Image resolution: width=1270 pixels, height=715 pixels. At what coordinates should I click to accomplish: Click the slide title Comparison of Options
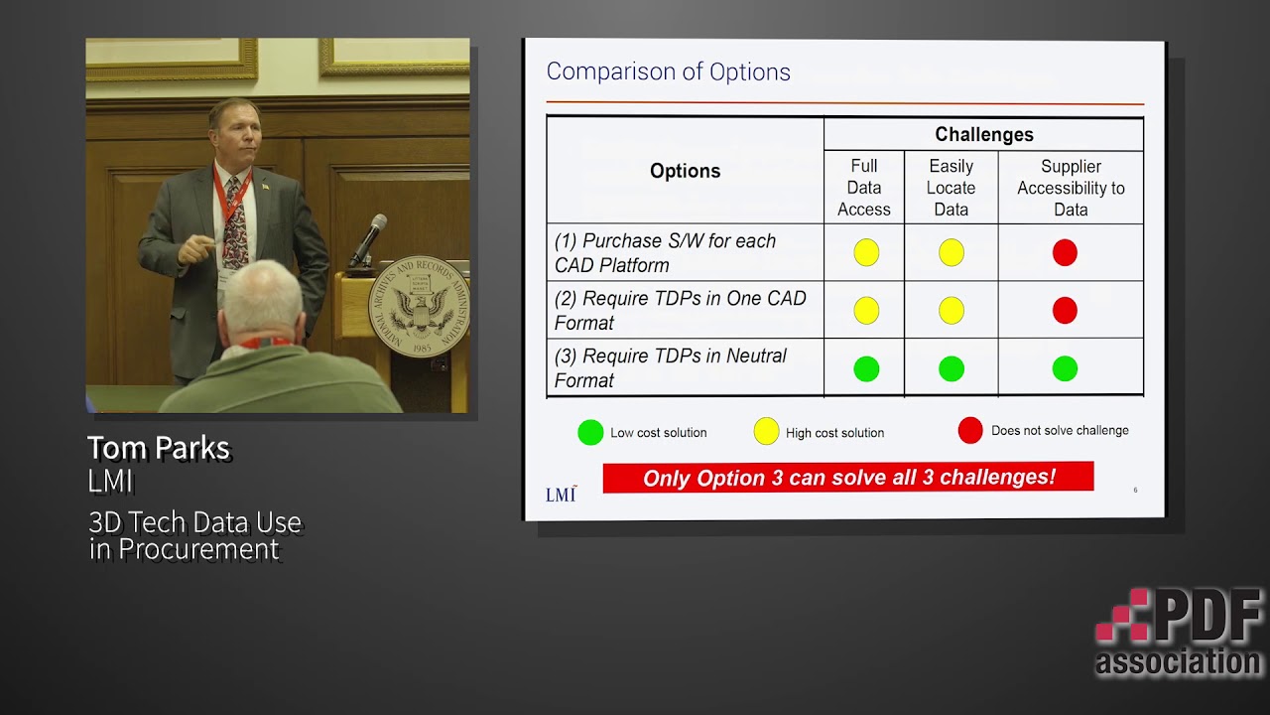tap(668, 72)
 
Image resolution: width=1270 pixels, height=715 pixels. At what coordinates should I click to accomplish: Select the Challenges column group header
tap(983, 135)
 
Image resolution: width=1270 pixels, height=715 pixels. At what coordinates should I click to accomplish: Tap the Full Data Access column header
tap(863, 188)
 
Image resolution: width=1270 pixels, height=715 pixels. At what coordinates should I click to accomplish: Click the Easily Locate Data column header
tap(951, 188)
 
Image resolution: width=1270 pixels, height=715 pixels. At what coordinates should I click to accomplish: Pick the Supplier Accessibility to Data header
tap(1071, 188)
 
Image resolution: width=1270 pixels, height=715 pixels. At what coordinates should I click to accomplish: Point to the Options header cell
tap(685, 171)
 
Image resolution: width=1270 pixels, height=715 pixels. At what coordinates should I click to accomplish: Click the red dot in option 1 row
tap(1065, 253)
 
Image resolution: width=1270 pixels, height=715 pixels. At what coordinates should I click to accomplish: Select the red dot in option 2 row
tap(1065, 311)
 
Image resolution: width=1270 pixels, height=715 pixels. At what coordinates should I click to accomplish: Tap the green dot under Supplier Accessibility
tap(1065, 369)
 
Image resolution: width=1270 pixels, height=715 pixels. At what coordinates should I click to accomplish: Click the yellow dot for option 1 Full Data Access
tap(866, 253)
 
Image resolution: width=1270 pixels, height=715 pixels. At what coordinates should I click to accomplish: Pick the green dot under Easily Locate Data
tap(952, 369)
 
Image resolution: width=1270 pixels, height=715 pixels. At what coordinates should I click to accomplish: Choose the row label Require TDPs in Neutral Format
tap(671, 368)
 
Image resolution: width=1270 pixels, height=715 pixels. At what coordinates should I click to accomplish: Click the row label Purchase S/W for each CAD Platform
tap(665, 253)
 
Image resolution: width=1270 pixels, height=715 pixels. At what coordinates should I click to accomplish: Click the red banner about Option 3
tap(848, 478)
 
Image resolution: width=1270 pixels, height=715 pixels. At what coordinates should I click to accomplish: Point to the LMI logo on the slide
tap(561, 494)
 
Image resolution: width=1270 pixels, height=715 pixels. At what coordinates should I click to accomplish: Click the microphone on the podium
tap(368, 239)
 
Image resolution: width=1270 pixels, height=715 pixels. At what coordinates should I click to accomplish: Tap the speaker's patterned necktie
tap(234, 223)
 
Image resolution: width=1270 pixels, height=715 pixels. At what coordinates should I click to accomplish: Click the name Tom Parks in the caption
tap(159, 448)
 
